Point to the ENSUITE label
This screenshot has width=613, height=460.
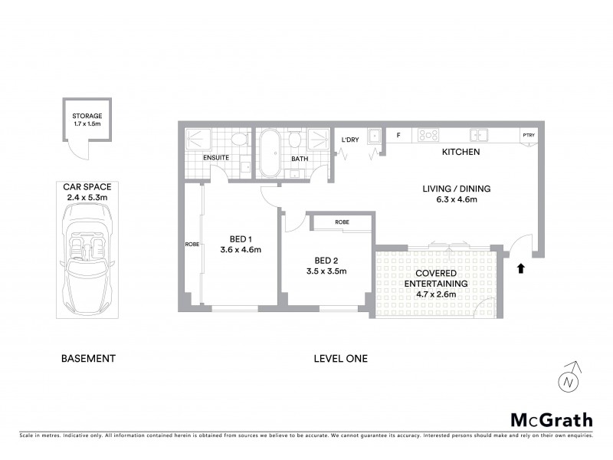217,159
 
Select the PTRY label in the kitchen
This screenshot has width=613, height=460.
529,136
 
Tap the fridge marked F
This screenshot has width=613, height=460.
398,136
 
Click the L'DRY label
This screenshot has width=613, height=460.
350,139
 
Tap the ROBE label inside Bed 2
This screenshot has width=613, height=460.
342,222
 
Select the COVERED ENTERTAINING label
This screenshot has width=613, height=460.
436,278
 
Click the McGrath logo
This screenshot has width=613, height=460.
551,419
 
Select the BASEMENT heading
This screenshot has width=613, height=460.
88,358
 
